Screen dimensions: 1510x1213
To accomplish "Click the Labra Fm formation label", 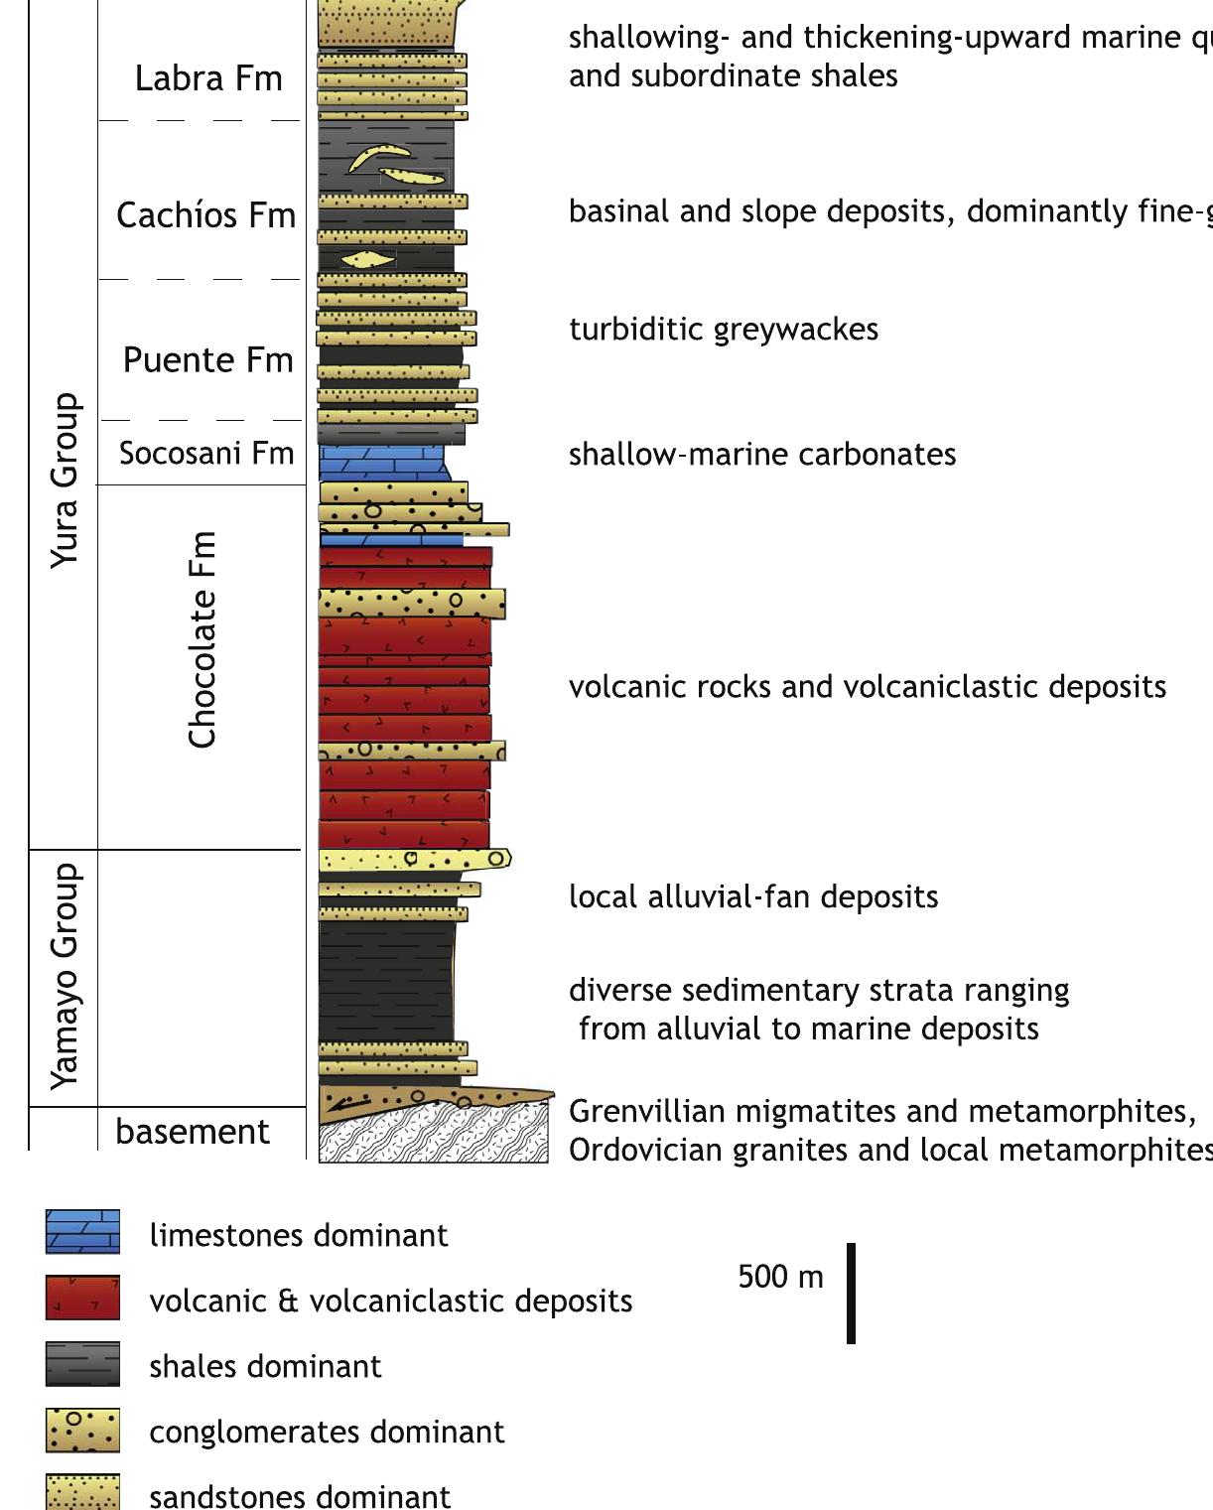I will [x=208, y=78].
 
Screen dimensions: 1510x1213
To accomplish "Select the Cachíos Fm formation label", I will [x=205, y=215].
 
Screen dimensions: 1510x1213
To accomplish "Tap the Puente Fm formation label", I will [x=207, y=360].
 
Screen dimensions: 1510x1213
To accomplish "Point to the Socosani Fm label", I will [x=206, y=454].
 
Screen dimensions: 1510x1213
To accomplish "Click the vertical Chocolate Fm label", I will [x=202, y=640].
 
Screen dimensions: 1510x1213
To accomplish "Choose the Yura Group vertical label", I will [x=65, y=480].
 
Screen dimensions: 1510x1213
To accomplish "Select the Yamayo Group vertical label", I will [x=65, y=976].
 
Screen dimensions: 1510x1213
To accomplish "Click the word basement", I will [x=193, y=1132].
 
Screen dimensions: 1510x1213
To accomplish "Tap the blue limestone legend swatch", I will [x=82, y=1232].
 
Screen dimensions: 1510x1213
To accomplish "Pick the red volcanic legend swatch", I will [x=82, y=1298].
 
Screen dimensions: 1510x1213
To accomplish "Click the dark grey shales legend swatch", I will [x=82, y=1363].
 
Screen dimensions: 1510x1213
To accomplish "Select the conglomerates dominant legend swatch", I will [x=82, y=1430].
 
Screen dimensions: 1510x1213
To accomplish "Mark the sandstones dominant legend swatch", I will [x=82, y=1491].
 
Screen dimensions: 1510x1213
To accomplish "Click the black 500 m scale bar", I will [x=851, y=1293].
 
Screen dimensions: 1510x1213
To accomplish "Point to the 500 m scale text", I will [x=780, y=1277].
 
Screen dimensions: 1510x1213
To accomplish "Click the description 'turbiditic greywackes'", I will [x=724, y=330].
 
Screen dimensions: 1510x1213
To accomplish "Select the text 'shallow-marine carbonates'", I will [x=762, y=455].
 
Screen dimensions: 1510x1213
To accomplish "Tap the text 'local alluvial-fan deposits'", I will [x=753, y=897].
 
